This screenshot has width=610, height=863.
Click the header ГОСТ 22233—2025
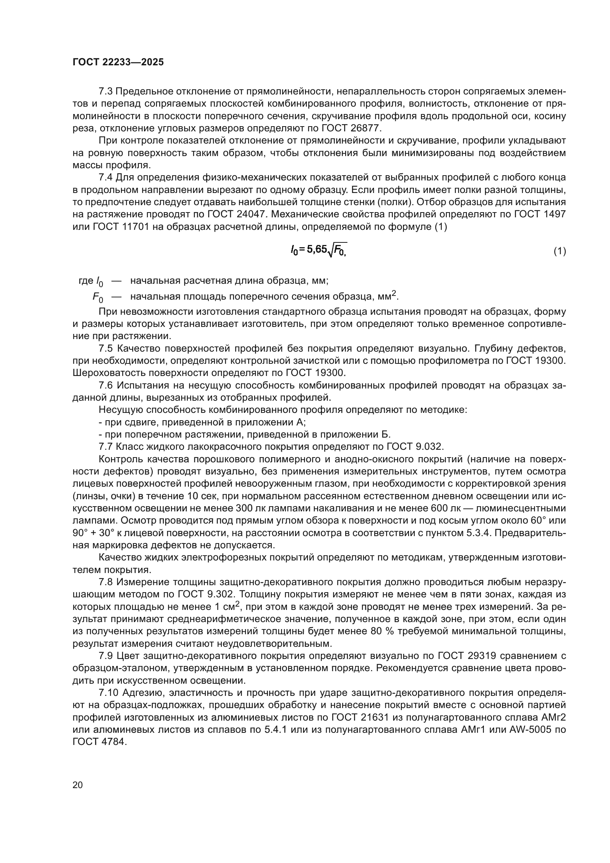click(x=118, y=62)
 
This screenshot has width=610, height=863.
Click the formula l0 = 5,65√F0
click(x=319, y=250)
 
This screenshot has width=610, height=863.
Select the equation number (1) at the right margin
click(x=560, y=251)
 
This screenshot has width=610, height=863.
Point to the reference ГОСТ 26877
click(x=351, y=128)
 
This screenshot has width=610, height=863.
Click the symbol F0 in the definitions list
click(x=98, y=298)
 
